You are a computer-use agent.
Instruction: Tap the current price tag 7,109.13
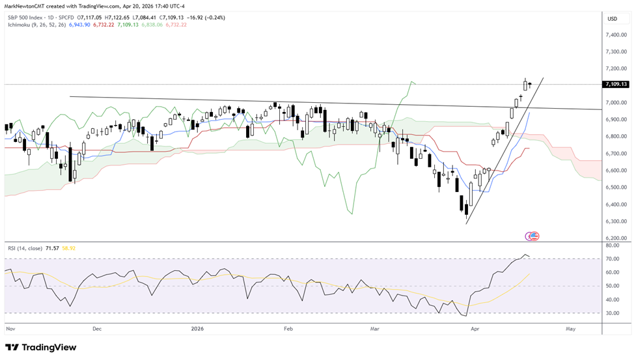click(x=616, y=84)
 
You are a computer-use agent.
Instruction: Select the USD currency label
click(x=612, y=19)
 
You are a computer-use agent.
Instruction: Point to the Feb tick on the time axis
click(x=288, y=329)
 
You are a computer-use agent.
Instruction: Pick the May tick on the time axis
click(x=570, y=329)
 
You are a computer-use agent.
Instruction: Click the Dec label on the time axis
click(x=97, y=329)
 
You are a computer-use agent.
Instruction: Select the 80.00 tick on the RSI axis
click(x=612, y=245)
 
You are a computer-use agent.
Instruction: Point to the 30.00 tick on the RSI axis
click(x=612, y=313)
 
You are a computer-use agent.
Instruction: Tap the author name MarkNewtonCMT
click(x=26, y=6)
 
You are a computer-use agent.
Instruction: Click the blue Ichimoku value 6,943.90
click(x=80, y=24)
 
